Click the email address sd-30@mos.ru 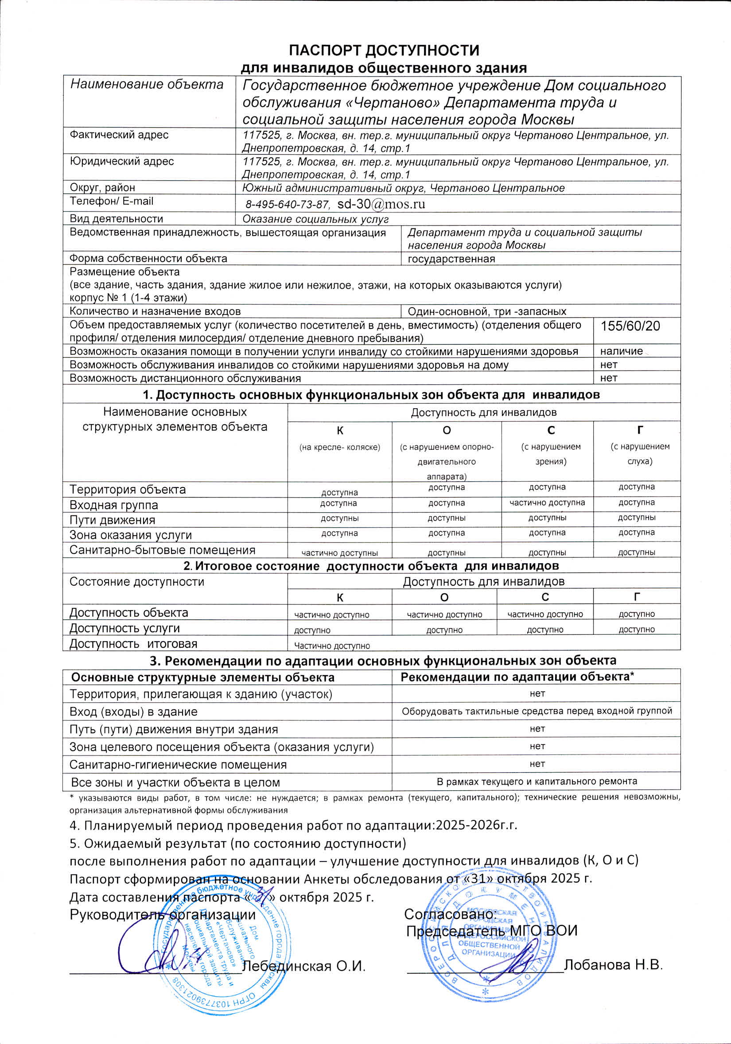[381, 204]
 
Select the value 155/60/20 [630, 326]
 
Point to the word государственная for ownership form [451, 259]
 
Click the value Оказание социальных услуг [315, 219]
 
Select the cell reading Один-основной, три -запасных [487, 311]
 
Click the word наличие [622, 351]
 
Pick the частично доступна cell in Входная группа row [547, 503]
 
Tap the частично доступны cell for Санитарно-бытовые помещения [340, 553]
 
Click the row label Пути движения [113, 520]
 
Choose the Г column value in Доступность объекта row [636, 614]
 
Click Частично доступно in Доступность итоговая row [332, 646]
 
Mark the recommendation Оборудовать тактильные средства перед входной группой [537, 711]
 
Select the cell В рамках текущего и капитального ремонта [537, 781]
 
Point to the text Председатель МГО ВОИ [491, 930]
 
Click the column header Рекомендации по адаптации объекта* [517, 677]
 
